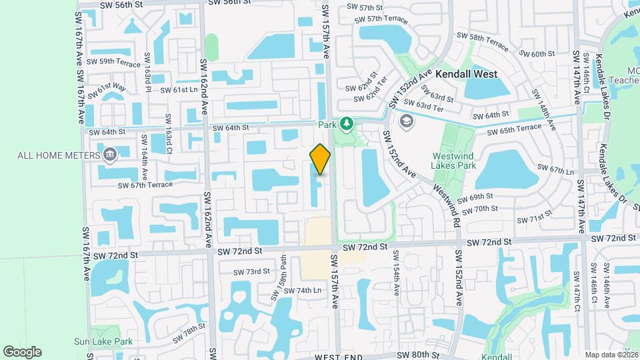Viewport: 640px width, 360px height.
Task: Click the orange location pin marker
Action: click(320, 159)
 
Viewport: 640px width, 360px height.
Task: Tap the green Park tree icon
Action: click(346, 123)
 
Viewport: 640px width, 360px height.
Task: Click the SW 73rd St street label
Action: click(251, 271)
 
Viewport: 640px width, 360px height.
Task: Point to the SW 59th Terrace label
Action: click(114, 62)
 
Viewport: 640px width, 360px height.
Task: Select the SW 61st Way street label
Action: click(107, 90)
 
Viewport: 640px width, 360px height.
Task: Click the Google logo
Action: click(22, 352)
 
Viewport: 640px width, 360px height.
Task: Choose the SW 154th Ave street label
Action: click(396, 274)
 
